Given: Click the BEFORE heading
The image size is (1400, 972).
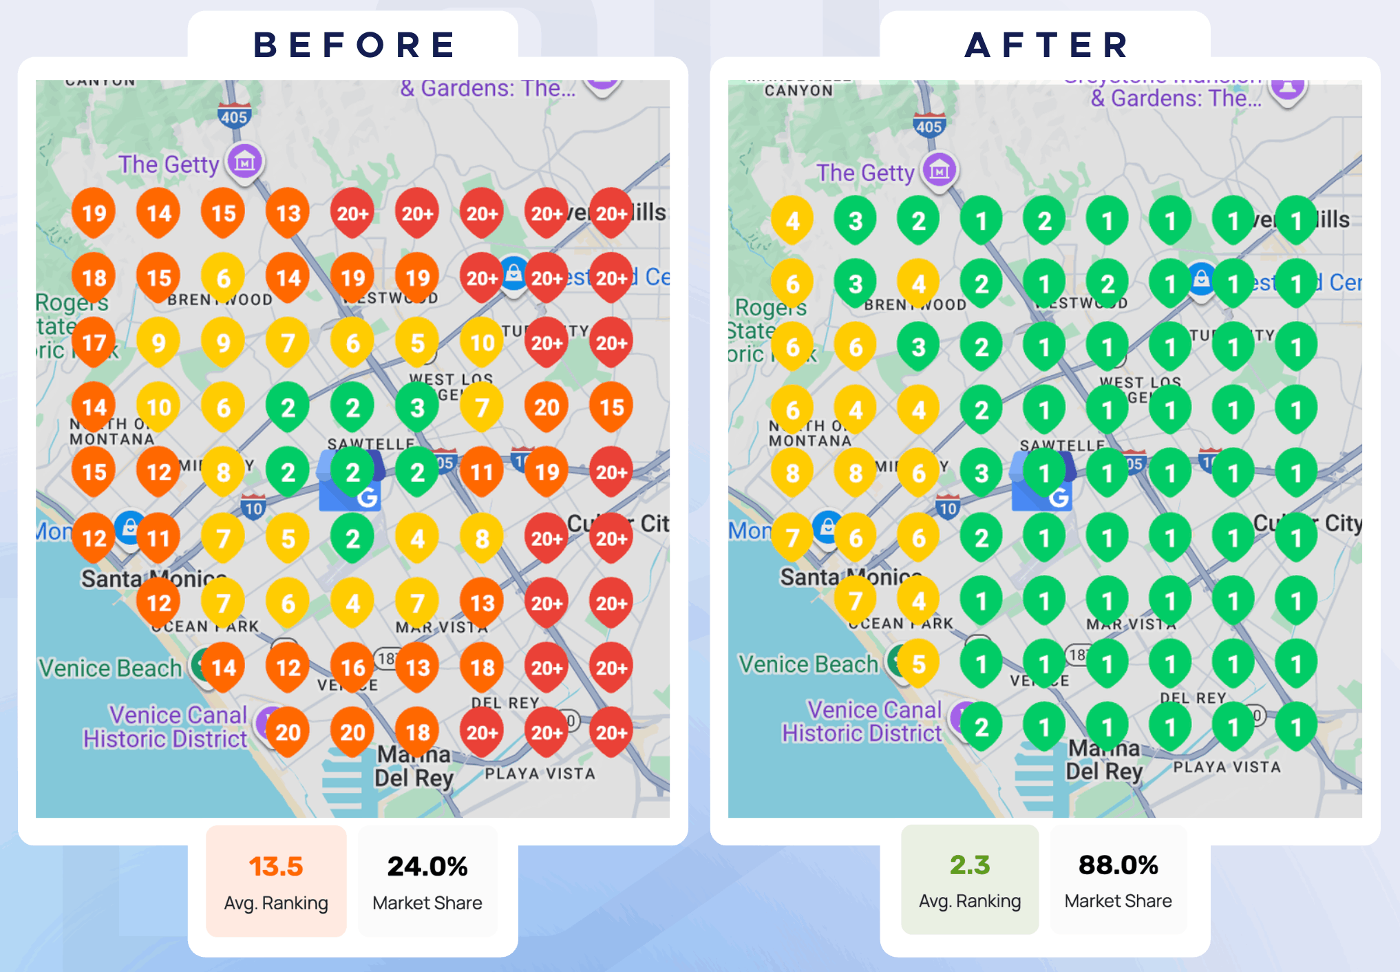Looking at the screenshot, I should (354, 45).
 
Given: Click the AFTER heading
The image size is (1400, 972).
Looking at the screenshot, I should (1046, 45).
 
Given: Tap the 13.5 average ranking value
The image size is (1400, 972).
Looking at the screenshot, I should (276, 866).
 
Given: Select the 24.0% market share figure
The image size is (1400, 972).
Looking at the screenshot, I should (427, 866).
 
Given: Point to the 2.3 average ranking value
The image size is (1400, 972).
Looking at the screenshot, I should (970, 865).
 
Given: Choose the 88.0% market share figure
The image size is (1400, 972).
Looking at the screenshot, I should (1118, 865).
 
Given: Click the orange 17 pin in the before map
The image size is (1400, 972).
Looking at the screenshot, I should (94, 342).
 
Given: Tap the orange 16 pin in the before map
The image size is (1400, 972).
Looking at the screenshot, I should (352, 666).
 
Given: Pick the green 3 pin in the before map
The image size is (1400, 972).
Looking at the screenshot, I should (417, 408).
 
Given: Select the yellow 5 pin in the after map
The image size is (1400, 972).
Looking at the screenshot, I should (918, 664).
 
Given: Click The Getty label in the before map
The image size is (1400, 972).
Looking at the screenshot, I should (169, 165).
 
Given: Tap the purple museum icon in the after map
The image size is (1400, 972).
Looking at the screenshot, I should (939, 169).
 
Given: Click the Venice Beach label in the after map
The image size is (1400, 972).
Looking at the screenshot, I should (808, 664).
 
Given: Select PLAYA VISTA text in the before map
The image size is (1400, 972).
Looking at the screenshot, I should (540, 774).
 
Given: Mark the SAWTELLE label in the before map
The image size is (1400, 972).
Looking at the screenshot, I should (371, 444).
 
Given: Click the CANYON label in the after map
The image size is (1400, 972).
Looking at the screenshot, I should (798, 90).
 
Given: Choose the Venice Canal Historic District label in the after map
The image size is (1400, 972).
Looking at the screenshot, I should (862, 721).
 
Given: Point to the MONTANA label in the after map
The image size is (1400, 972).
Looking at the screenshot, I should (809, 441).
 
